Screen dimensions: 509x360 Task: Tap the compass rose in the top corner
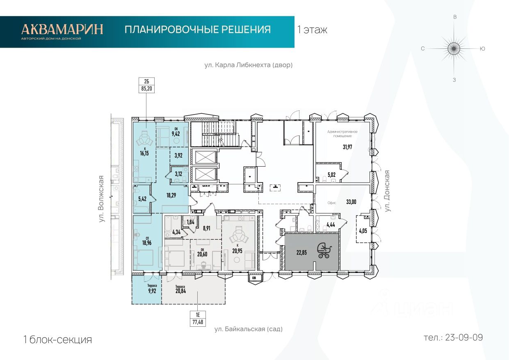click(x=454, y=48)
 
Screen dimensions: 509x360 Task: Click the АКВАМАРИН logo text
click(x=62, y=29)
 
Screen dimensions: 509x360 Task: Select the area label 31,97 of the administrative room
click(x=347, y=147)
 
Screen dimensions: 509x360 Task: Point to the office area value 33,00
click(x=351, y=202)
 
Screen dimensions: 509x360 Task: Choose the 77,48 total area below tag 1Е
click(x=198, y=322)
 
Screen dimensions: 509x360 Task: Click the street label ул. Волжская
click(x=102, y=199)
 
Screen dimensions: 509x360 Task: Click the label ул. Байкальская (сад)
click(x=249, y=329)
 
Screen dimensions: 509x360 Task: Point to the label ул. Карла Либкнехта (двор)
click(x=249, y=65)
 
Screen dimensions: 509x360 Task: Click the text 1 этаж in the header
click(x=312, y=30)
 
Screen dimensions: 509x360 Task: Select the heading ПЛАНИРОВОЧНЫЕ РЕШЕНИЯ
click(x=197, y=30)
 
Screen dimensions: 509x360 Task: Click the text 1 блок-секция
click(x=57, y=339)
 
